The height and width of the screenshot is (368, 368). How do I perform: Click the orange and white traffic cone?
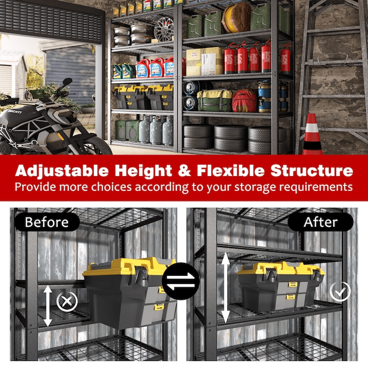pos(312,135)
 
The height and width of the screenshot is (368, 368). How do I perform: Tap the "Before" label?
pos(47,222)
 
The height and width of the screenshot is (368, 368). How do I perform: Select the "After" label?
pos(320,222)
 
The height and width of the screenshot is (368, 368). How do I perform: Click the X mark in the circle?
pos(67,301)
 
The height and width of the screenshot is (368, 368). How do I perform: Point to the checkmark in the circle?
pos(340,292)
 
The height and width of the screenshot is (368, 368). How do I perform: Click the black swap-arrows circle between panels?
pos(181,281)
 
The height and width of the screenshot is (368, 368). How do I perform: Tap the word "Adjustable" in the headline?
pos(62,171)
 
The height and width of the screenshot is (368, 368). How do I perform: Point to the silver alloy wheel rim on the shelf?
pos(164,29)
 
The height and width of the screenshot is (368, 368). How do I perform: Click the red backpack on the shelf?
pos(244,100)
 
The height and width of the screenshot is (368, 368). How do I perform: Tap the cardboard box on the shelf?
pos(204,61)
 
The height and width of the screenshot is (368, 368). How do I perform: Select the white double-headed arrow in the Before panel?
pos(48,305)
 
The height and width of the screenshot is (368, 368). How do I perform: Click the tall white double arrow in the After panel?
pos(225,288)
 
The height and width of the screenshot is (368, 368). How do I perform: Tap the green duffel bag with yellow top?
pos(214,100)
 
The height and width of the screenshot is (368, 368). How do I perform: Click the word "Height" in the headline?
pos(143,171)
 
